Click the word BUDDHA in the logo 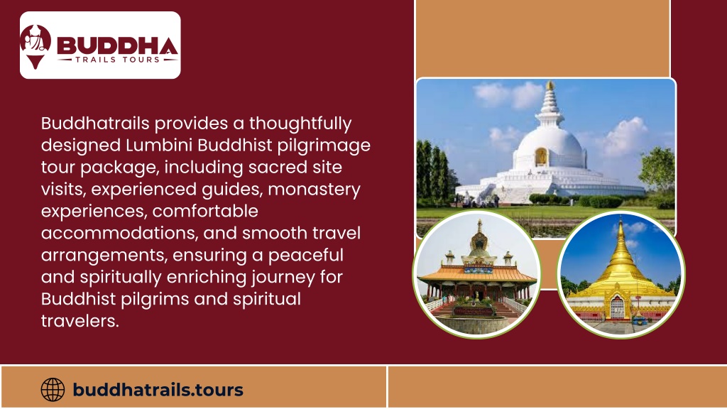117,45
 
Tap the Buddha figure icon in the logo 35,46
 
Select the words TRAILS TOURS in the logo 118,60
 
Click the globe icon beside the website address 53,390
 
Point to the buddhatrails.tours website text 158,390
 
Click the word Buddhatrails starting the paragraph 95,124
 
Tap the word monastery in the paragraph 314,189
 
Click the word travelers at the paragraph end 80,320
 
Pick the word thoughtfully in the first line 300,124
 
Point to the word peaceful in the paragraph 305,255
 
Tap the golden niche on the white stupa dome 541,157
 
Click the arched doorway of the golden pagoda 618,307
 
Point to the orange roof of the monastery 477,273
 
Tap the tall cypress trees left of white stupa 433,173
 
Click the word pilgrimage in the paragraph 324,146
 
